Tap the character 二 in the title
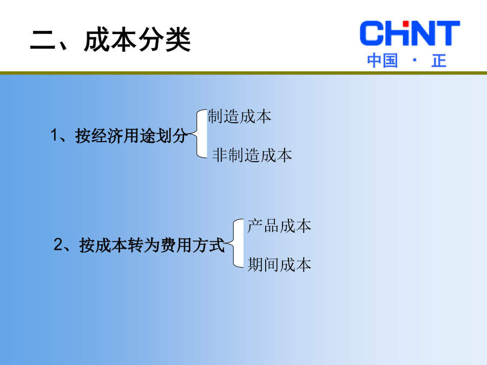pyautogui.click(x=43, y=41)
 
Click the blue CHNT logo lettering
pyautogui.click(x=410, y=33)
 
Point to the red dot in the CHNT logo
pyautogui.click(x=405, y=24)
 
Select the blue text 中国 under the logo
pyautogui.click(x=383, y=61)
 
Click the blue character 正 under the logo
pyautogui.click(x=439, y=61)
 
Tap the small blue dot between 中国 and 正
pyautogui.click(x=414, y=60)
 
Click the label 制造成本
pyautogui.click(x=239, y=116)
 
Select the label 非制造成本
pyautogui.click(x=252, y=155)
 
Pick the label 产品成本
pyautogui.click(x=279, y=226)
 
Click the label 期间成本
pyautogui.click(x=279, y=265)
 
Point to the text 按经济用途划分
pyautogui.click(x=131, y=136)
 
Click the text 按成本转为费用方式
pyautogui.click(x=152, y=245)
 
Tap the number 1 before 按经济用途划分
pyautogui.click(x=54, y=136)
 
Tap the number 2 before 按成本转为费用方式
pyautogui.click(x=58, y=244)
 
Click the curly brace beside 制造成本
pyautogui.click(x=198, y=134)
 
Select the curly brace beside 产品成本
pyautogui.click(x=234, y=243)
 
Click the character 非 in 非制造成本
pyautogui.click(x=220, y=155)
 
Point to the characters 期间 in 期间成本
pyautogui.click(x=263, y=265)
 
